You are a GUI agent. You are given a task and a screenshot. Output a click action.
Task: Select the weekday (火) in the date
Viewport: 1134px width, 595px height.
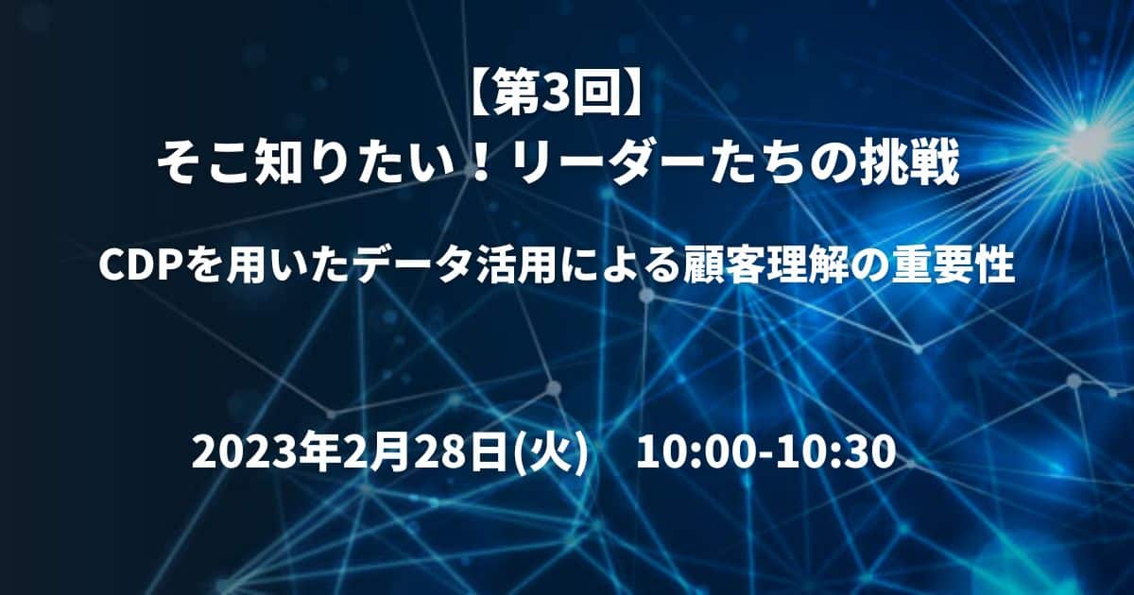pyautogui.click(x=551, y=451)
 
